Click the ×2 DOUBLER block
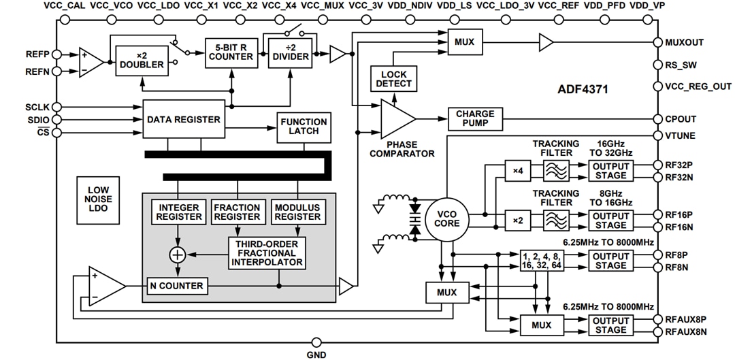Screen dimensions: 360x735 142,60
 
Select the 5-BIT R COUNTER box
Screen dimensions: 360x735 231,52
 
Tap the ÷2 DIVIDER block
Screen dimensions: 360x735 290,52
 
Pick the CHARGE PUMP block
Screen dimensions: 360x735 475,119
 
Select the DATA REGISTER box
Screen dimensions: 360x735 184,120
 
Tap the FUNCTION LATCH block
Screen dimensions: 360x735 304,127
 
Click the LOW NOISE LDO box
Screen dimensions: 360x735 98,199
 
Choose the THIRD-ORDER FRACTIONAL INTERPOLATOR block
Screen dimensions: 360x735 267,252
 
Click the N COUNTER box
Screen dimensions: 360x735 177,286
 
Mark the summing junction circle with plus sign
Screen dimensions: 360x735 178,255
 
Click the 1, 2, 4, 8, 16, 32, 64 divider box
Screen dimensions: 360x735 542,261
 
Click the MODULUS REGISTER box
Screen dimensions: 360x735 297,212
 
